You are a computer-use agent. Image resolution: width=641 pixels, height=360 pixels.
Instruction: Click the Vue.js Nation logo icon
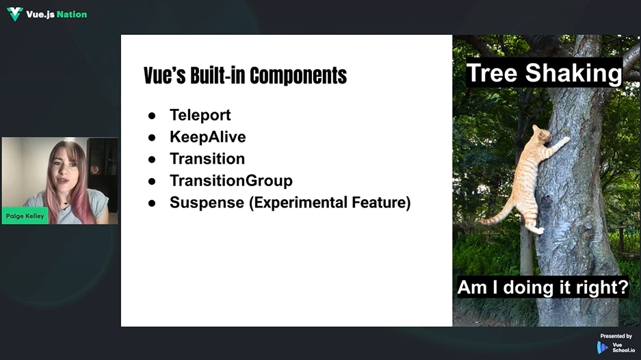(x=15, y=14)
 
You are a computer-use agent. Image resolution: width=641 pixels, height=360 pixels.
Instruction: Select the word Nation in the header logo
(x=72, y=14)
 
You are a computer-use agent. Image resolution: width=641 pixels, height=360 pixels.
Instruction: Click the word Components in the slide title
(x=298, y=76)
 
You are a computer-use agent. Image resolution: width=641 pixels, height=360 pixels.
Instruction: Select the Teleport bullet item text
(x=200, y=116)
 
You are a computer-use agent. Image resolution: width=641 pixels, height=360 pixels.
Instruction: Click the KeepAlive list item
(x=208, y=137)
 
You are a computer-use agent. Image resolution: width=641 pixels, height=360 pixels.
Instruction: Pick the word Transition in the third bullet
(x=207, y=159)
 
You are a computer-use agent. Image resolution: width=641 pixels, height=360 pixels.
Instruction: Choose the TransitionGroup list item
(x=231, y=181)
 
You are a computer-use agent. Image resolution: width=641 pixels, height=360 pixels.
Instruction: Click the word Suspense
(x=207, y=203)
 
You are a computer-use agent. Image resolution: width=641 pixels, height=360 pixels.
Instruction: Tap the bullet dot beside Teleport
(x=152, y=116)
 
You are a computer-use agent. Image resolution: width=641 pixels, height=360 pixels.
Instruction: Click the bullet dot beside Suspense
(x=152, y=203)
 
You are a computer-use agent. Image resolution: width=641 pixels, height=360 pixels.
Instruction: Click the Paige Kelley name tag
(x=25, y=216)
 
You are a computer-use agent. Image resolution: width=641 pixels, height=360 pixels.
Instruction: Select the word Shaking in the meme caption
(x=573, y=73)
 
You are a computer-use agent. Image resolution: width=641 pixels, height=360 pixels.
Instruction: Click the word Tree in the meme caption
(x=493, y=73)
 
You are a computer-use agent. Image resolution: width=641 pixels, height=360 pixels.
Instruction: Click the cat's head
(x=542, y=134)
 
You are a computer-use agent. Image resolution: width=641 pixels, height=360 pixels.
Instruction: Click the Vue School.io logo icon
(x=602, y=348)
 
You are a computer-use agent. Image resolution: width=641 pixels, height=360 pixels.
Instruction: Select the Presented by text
(x=616, y=336)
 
